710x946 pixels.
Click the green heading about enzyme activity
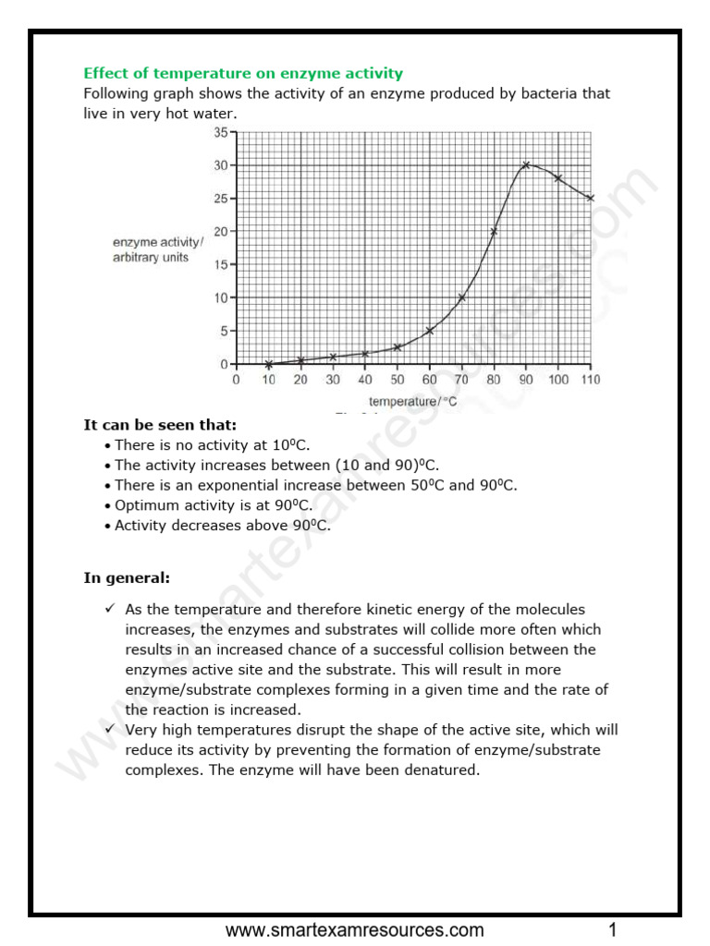(243, 73)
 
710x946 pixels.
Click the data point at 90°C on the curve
(525, 165)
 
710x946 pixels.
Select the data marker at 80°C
(494, 232)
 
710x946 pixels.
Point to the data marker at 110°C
(590, 198)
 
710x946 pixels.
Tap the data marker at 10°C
(268, 364)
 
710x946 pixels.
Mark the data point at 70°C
(461, 297)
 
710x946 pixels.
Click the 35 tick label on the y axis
(221, 132)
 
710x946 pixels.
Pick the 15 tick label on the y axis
(221, 265)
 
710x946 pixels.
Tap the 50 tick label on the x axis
(397, 380)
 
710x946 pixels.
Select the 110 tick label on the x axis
(590, 380)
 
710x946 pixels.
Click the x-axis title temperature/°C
(413, 402)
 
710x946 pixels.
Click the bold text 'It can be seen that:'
(160, 425)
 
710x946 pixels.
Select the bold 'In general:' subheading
(127, 578)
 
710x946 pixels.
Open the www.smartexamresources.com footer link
(355, 929)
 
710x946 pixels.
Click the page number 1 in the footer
(612, 929)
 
